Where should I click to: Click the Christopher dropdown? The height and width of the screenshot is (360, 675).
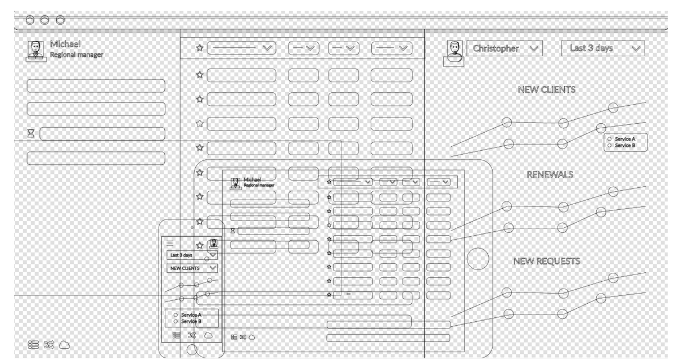[x=505, y=48]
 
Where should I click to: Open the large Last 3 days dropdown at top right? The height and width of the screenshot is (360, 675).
[x=603, y=48]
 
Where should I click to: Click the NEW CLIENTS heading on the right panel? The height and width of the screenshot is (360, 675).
[x=547, y=89]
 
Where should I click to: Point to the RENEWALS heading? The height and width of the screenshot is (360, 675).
[x=550, y=174]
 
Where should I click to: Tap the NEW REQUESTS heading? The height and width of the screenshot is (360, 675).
[x=547, y=261]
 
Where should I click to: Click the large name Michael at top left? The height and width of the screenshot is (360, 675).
[x=65, y=44]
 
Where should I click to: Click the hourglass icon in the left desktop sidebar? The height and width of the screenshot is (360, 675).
[x=31, y=133]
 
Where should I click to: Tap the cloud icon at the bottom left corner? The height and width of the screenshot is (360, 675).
[x=64, y=345]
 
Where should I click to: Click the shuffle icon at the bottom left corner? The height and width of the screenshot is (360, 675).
[x=49, y=345]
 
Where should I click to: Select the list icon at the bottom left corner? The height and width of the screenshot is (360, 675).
[x=33, y=345]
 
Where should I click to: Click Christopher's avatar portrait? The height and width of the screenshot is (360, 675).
[x=454, y=52]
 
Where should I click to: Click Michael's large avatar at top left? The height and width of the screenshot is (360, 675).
[x=36, y=51]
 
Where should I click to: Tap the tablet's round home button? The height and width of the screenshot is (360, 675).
[x=478, y=259]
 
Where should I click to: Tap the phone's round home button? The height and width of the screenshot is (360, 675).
[x=192, y=350]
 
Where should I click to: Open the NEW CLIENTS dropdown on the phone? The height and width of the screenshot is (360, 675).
[x=192, y=268]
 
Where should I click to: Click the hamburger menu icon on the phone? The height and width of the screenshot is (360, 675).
[x=170, y=243]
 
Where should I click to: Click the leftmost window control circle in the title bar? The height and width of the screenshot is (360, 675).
[x=30, y=20]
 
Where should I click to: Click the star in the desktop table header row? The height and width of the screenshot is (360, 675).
[x=200, y=48]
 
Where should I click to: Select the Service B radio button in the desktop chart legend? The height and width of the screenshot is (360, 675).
[x=609, y=146]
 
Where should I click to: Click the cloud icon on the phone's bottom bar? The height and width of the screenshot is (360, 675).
[x=208, y=335]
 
